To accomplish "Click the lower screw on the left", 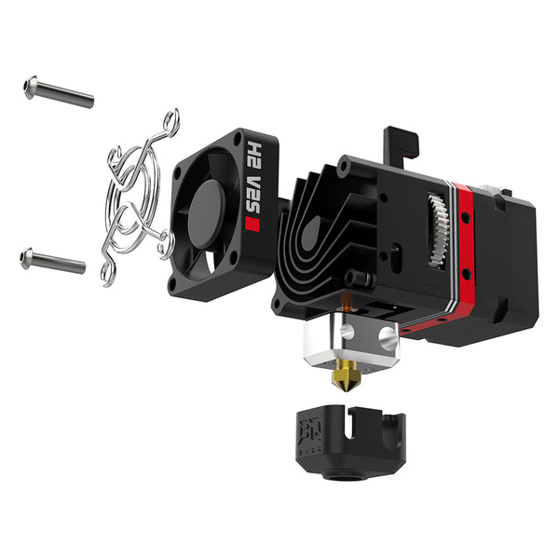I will point(53,261).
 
